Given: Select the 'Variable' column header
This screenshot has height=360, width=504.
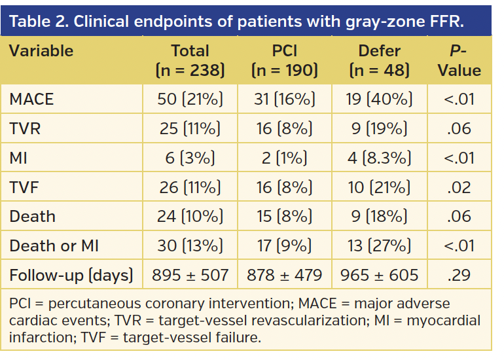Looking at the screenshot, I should coord(41,51).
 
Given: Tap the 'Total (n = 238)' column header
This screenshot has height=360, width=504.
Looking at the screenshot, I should coord(190,60).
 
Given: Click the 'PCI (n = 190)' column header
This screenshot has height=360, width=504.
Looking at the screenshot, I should coord(285,60).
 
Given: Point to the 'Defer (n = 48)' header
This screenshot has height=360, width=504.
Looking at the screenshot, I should coord(379,60).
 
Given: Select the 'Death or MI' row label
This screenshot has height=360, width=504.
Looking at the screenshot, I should coord(51,245).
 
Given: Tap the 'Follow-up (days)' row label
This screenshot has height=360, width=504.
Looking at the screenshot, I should coord(71,275).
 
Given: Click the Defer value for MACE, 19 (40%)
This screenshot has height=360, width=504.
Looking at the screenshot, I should coord(379,99).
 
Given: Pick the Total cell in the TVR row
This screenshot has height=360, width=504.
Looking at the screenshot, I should coord(190,128).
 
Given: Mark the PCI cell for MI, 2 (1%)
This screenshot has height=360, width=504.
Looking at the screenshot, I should coord(285,158).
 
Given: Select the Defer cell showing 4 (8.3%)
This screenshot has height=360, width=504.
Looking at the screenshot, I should coord(379,158).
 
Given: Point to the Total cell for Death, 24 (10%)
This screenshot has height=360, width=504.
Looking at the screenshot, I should coord(190,217).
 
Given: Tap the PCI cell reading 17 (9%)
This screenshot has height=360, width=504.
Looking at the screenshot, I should coord(285,245).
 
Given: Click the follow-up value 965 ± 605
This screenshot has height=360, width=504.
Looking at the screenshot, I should coord(379,275).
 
